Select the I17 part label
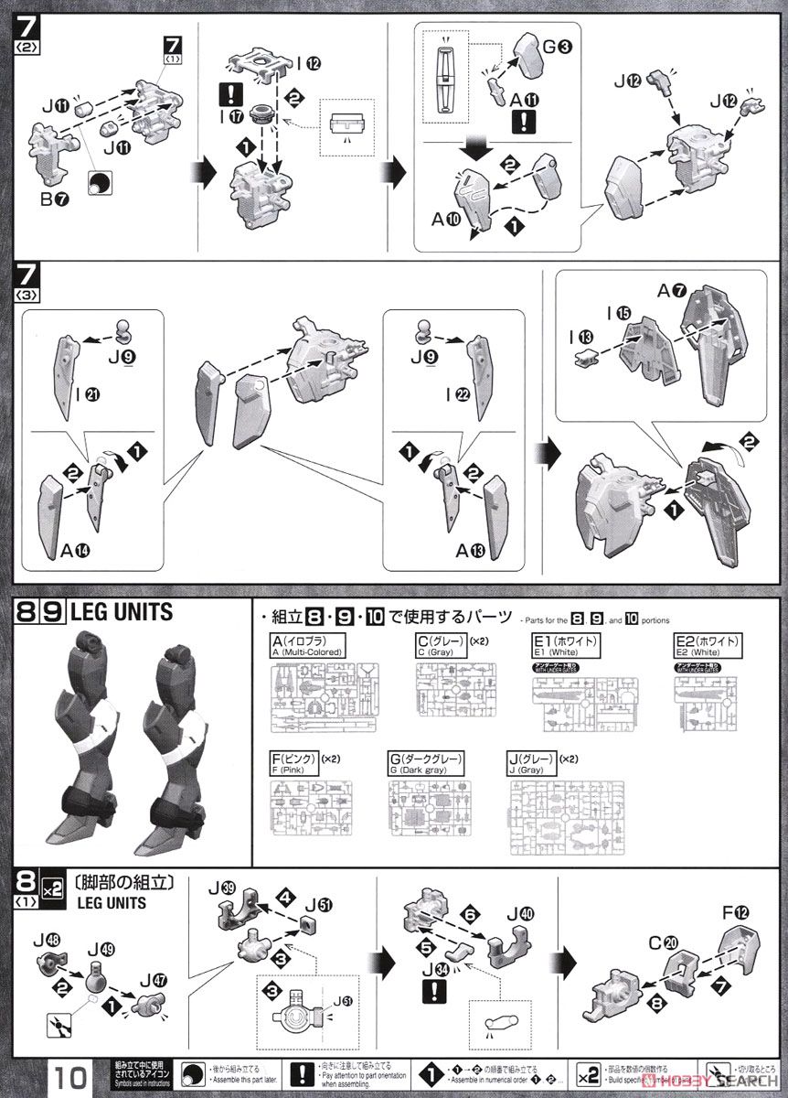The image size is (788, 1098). pyautogui.click(x=229, y=117)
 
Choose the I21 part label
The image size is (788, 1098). pyautogui.click(x=90, y=393)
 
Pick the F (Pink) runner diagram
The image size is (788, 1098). pyautogui.click(x=312, y=809)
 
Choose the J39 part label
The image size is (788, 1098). pyautogui.click(x=226, y=888)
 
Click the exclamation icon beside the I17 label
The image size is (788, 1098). pyautogui.click(x=229, y=93)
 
